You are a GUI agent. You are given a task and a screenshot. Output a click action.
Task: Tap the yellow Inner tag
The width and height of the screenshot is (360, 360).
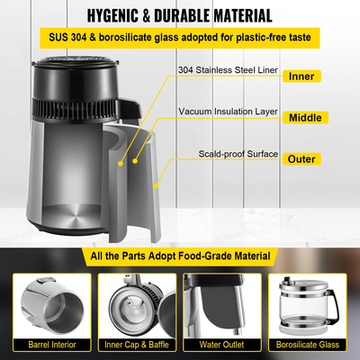pos(300,76)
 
